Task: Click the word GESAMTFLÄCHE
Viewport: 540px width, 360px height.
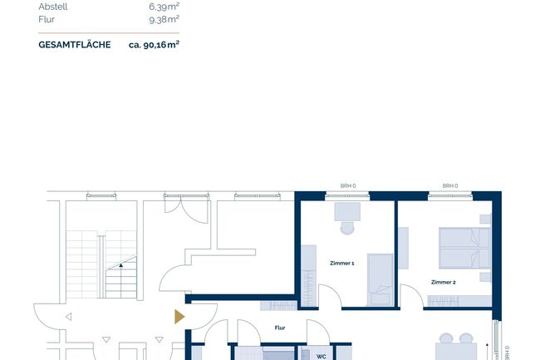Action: click(x=75, y=45)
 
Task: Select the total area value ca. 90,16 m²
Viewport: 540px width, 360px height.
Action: click(x=154, y=45)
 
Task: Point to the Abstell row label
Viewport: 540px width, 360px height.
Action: click(x=53, y=7)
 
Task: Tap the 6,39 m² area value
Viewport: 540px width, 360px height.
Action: click(x=164, y=6)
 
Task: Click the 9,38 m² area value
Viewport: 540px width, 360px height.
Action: click(x=164, y=19)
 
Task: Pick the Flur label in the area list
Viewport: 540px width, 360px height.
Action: click(x=47, y=19)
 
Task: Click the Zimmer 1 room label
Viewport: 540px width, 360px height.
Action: click(x=342, y=264)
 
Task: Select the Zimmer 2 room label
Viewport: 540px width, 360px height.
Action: click(x=444, y=282)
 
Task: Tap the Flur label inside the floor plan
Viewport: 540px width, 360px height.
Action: click(x=280, y=328)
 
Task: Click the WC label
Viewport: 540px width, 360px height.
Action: click(x=321, y=357)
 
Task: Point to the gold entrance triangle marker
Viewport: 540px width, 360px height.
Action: click(x=179, y=317)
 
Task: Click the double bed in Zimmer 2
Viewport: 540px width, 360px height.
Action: click(x=464, y=248)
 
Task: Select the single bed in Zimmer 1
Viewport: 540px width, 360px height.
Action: click(x=380, y=279)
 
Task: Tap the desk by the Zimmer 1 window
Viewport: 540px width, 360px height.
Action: click(x=347, y=211)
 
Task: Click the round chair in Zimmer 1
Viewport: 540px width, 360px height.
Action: click(x=347, y=228)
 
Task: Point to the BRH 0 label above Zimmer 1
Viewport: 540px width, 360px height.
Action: click(x=348, y=186)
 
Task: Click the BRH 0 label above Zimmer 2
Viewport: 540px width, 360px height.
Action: click(x=450, y=186)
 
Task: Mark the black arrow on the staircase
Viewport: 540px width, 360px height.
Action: click(x=121, y=265)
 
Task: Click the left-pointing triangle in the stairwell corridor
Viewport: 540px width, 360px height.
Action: click(x=68, y=317)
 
